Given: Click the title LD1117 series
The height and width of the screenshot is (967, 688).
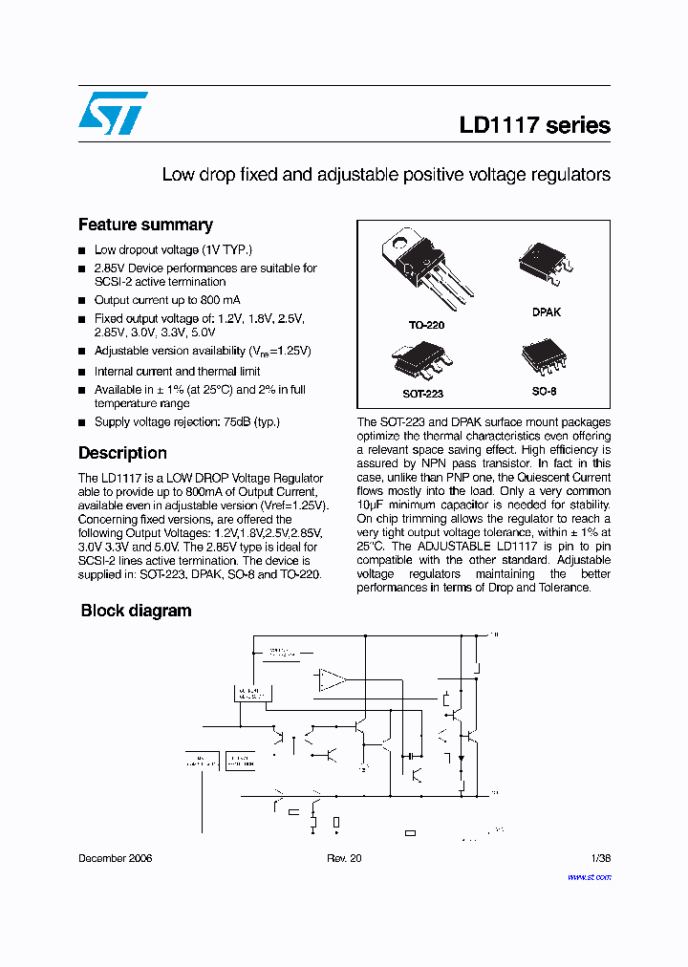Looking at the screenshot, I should (x=534, y=125).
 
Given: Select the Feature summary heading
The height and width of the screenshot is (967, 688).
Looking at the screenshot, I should (x=145, y=225).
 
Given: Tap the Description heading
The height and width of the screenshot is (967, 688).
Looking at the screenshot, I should (x=122, y=453).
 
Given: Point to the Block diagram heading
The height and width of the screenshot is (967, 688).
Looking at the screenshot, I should (x=136, y=611).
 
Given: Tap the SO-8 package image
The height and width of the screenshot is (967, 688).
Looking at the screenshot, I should (x=546, y=356).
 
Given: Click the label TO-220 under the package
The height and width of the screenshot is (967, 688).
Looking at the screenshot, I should (x=426, y=325).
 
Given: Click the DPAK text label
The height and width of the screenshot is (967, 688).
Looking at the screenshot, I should (x=547, y=312).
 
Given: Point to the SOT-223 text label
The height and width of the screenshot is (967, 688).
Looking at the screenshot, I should (x=422, y=393).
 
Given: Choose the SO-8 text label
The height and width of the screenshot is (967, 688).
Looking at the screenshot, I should (x=544, y=392).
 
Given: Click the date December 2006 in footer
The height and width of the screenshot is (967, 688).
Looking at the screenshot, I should (x=115, y=858).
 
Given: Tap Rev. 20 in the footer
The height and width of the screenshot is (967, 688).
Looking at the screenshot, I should (x=344, y=858).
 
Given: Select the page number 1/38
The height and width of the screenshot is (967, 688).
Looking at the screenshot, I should (x=600, y=858).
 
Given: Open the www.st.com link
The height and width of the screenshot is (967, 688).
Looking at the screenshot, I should (x=589, y=876).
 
